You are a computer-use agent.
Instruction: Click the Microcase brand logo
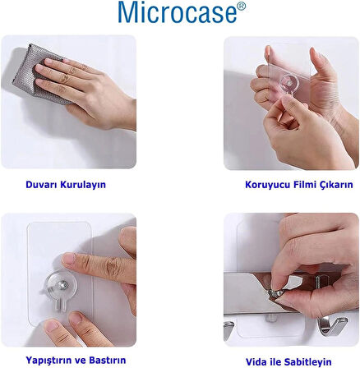182,12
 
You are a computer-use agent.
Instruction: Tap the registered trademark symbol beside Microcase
241,7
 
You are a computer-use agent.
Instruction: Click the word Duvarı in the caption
42,184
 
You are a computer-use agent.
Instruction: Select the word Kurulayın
83,185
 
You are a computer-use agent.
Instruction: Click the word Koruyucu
267,185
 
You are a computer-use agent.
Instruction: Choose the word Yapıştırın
50,360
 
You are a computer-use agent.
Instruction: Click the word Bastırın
108,360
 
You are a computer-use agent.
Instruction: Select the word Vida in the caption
256,361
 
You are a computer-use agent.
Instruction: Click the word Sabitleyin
307,362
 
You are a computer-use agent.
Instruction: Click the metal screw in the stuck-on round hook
64,285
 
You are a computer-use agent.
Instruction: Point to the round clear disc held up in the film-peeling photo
290,83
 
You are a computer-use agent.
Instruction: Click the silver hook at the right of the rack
332,325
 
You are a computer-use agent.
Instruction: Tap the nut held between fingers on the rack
275,294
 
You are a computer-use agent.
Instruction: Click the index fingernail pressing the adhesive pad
68,259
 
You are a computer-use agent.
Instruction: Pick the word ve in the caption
81,360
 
